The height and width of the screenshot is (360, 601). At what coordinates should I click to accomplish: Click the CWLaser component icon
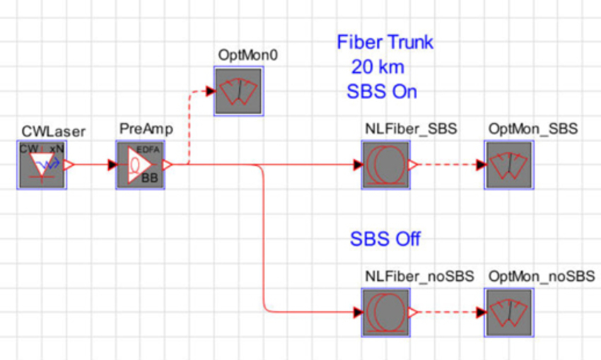(x=41, y=166)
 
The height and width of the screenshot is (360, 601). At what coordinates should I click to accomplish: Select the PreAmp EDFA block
(x=140, y=166)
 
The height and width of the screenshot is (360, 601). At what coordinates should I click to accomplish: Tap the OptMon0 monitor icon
(x=239, y=91)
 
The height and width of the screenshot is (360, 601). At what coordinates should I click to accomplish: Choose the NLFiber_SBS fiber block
(x=386, y=166)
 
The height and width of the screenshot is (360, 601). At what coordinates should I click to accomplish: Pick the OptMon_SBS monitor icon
(x=508, y=166)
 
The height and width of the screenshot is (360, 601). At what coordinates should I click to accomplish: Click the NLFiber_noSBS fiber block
(x=386, y=312)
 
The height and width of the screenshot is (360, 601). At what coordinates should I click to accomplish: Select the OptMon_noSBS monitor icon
(x=508, y=312)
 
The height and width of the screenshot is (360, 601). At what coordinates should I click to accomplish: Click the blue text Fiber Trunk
(x=385, y=42)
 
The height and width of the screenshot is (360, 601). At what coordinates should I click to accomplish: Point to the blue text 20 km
(x=378, y=67)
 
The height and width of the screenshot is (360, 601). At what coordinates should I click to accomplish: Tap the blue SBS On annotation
(x=382, y=92)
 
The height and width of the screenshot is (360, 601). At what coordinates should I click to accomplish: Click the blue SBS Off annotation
(x=385, y=239)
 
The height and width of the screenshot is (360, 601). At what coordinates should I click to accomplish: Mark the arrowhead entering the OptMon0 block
(x=209, y=91)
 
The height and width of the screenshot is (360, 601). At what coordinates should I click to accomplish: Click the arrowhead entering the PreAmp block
(x=111, y=166)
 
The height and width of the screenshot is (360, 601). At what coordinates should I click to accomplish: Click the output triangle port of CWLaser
(x=69, y=166)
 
